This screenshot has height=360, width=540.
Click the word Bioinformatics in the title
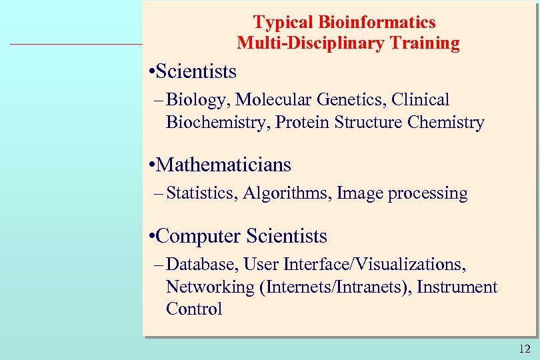[x=377, y=22]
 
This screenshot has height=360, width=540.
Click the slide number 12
[x=524, y=348]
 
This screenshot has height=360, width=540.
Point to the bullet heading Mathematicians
[x=225, y=165]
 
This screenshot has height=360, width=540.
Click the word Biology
[x=197, y=100]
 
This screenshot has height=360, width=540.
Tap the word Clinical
[x=421, y=100]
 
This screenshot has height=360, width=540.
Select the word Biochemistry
[x=218, y=123]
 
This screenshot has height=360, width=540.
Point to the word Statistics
[x=201, y=193]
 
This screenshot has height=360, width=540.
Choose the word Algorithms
[x=287, y=193]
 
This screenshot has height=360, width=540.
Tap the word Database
[x=202, y=265]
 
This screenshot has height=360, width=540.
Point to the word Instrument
[x=457, y=287]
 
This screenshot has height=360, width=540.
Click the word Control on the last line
[x=194, y=309]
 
